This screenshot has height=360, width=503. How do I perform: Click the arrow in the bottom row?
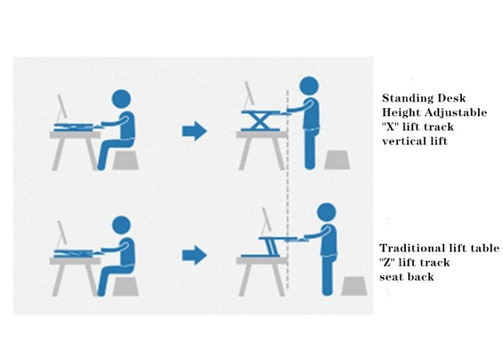(193, 255)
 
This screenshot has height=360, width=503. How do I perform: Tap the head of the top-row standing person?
(308, 86)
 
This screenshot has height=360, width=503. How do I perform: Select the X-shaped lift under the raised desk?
(260, 121)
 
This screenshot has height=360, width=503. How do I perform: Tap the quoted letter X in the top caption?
(390, 127)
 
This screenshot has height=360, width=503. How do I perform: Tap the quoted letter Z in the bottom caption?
(386, 262)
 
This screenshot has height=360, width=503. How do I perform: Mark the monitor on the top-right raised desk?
(249, 95)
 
